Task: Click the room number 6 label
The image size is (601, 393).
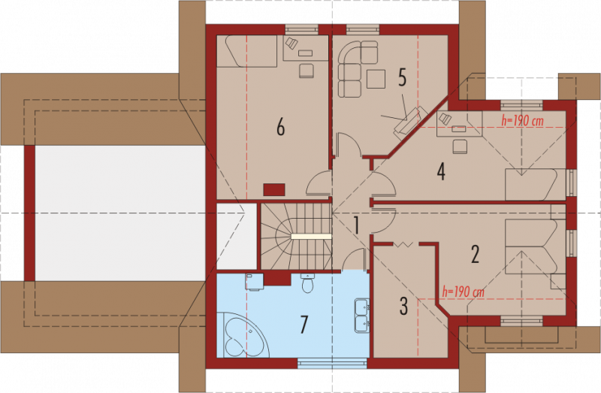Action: click(x=280, y=127)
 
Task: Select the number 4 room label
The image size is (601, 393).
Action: click(x=441, y=171)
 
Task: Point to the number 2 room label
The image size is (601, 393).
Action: click(x=475, y=254)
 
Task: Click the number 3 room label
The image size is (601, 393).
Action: click(x=403, y=306)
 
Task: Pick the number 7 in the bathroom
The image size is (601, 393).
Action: click(x=304, y=325)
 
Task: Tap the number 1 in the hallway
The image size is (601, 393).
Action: click(x=356, y=225)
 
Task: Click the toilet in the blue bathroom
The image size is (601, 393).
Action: click(x=307, y=283)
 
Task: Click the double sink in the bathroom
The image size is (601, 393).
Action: click(x=362, y=315)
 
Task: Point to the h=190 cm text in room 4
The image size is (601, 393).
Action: click(x=522, y=121)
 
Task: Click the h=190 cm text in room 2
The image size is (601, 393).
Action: click(x=463, y=292)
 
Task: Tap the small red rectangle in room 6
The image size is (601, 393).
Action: click(x=274, y=189)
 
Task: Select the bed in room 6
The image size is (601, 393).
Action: click(x=247, y=51)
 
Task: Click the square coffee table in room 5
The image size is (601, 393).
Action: click(x=376, y=79)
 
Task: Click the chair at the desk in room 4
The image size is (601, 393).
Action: click(x=460, y=147)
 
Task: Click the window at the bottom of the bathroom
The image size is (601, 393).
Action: click(x=332, y=363)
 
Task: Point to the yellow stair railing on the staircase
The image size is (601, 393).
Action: click(x=311, y=237)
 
